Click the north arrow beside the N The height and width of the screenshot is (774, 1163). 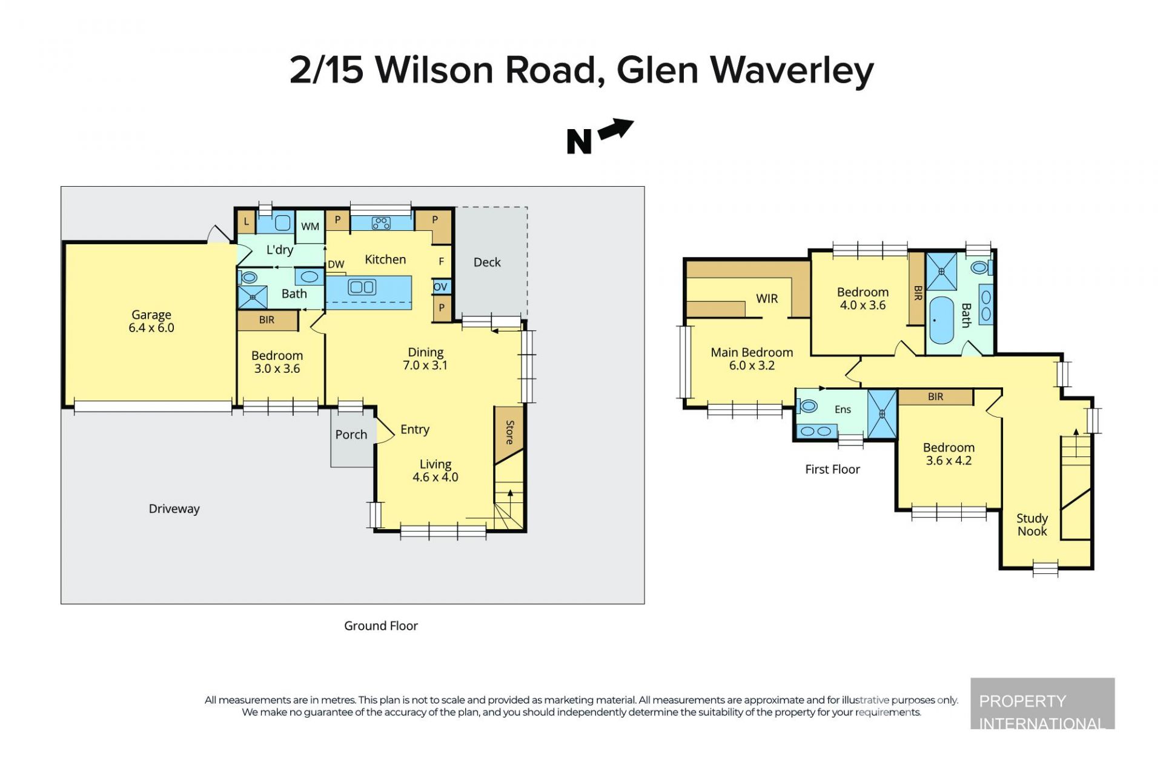click(x=616, y=129)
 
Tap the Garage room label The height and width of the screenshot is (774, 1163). click(x=151, y=315)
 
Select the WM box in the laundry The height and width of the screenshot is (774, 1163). click(x=310, y=227)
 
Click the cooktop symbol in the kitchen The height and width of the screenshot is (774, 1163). click(x=381, y=223)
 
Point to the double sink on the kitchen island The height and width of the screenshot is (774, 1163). click(x=362, y=287)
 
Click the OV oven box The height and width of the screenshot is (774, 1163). click(x=440, y=287)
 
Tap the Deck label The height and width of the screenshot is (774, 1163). click(x=487, y=262)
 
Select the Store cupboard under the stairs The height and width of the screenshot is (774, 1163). click(x=509, y=434)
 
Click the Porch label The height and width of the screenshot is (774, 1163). click(x=351, y=435)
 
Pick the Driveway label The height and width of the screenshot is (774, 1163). click(x=174, y=509)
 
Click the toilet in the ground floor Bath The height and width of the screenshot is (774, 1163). click(x=248, y=278)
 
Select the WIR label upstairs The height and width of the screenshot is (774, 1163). click(x=767, y=298)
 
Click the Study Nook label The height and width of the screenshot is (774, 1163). click(x=1032, y=525)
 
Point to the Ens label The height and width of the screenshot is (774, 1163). click(x=843, y=410)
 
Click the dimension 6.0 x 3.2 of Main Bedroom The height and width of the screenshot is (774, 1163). click(x=752, y=365)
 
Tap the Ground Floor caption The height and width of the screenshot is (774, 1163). click(x=381, y=626)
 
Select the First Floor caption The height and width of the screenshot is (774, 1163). click(x=832, y=469)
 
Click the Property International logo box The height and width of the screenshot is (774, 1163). click(x=1042, y=703)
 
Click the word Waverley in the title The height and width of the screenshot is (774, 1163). click(x=792, y=70)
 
